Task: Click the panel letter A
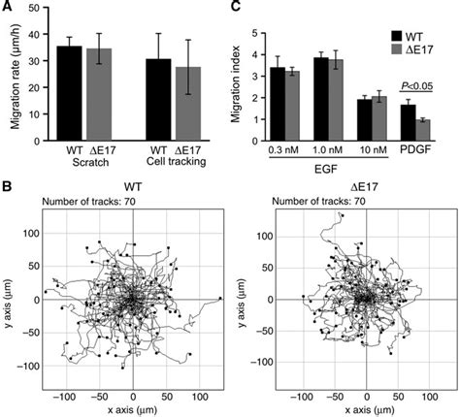pos(8,9)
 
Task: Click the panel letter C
pos(234,9)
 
